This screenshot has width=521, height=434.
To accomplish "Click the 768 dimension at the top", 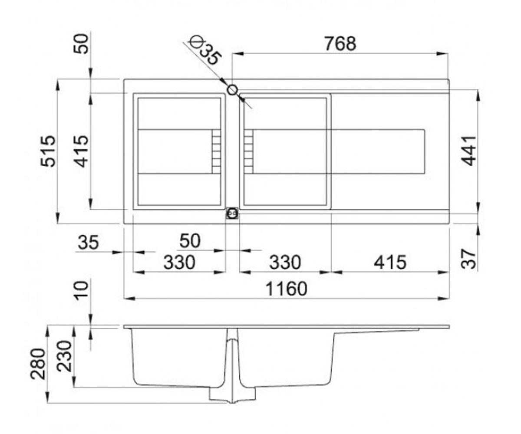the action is [x=340, y=44].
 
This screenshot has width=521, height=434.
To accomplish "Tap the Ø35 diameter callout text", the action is [x=204, y=50].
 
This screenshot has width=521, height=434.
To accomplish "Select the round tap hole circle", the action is [x=232, y=90].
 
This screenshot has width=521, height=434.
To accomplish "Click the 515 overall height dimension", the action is [x=48, y=151].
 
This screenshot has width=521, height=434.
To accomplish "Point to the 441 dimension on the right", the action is [x=468, y=151].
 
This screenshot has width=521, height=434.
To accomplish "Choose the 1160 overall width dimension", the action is [x=286, y=289].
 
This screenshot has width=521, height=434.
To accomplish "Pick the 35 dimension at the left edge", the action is [x=88, y=242].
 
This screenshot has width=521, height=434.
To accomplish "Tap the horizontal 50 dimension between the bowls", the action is [x=190, y=241].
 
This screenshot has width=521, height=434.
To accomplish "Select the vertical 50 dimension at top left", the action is [x=81, y=44].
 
